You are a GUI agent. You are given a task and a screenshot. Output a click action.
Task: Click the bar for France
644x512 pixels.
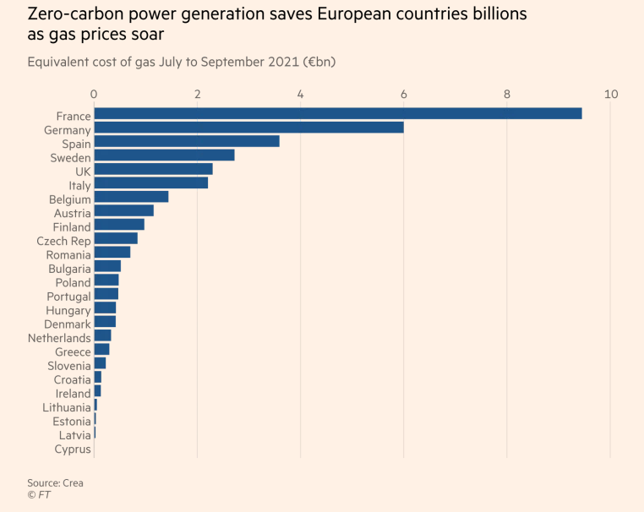(337, 113)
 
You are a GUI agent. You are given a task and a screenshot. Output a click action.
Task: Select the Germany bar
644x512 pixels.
(248, 128)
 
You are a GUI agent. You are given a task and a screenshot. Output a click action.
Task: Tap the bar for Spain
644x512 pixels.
(186, 141)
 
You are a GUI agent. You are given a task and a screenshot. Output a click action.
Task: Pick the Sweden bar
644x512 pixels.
(164, 155)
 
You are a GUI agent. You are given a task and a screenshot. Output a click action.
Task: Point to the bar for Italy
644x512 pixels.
(150, 183)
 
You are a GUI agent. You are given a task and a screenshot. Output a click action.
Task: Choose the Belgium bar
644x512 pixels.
(131, 197)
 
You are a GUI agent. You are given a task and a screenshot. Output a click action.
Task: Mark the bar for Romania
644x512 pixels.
(112, 252)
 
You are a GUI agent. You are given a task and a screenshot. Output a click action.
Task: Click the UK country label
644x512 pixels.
(83, 171)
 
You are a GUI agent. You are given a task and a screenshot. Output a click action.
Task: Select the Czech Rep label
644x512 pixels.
(63, 241)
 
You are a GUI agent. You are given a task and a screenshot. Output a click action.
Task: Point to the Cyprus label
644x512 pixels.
(73, 449)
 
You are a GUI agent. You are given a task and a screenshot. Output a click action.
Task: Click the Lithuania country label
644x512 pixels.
(67, 407)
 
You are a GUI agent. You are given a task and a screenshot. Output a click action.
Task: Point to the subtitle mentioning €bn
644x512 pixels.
(183, 62)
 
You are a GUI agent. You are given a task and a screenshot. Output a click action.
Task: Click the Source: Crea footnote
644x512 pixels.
(55, 482)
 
